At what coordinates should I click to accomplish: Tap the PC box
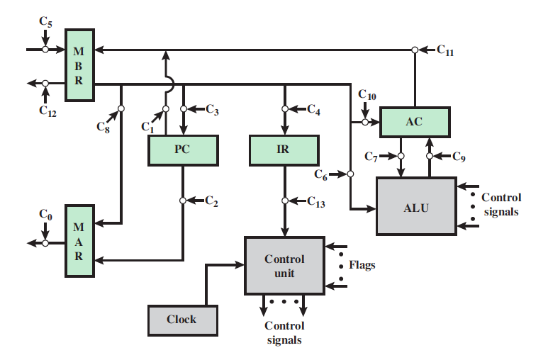click(x=183, y=150)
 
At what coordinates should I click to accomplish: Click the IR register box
click(x=283, y=150)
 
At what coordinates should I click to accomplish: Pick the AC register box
click(x=414, y=122)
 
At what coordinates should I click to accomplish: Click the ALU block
click(x=415, y=206)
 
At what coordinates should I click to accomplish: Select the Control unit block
click(x=284, y=266)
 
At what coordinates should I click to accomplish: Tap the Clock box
click(x=181, y=320)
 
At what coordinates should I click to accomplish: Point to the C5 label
click(x=45, y=22)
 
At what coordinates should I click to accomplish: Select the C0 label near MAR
click(x=45, y=215)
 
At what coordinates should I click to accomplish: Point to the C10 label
click(x=367, y=94)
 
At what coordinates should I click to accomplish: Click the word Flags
click(x=362, y=266)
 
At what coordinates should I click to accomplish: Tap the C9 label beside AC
click(x=459, y=157)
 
